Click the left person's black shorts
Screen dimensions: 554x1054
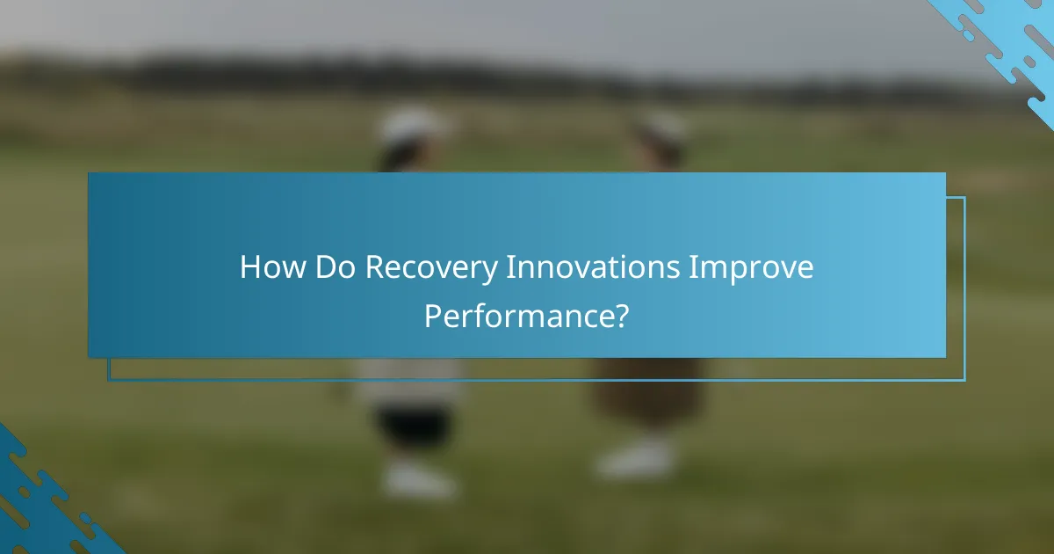coord(414,426)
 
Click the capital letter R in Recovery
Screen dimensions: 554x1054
coord(373,267)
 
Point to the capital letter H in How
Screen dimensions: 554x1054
coord(250,267)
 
